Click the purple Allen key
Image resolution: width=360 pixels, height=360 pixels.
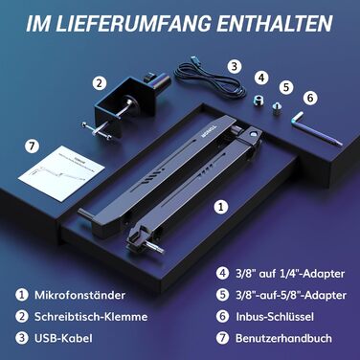(316, 128)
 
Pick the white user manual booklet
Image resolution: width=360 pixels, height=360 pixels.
(61, 172)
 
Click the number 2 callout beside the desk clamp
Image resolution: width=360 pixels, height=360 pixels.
(100, 83)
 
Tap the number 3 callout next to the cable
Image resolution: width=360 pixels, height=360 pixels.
(235, 67)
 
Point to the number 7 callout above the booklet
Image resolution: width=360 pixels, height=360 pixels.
(32, 146)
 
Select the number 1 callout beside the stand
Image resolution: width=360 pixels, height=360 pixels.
(221, 207)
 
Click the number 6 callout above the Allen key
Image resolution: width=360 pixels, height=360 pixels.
(310, 98)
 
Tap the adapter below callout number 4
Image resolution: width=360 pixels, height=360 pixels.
(259, 101)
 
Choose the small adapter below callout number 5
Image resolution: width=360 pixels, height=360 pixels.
(276, 108)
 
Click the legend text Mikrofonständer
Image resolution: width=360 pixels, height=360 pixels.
(79, 295)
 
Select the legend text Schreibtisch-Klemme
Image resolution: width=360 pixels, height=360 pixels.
(91, 317)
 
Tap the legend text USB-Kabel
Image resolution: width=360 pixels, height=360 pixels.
(63, 338)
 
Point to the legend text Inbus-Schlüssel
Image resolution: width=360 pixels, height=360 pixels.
(275, 317)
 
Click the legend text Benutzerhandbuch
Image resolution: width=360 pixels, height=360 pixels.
(283, 338)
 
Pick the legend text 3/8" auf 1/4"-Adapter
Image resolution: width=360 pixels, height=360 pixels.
(290, 274)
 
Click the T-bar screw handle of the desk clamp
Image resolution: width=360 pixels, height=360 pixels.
(96, 131)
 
